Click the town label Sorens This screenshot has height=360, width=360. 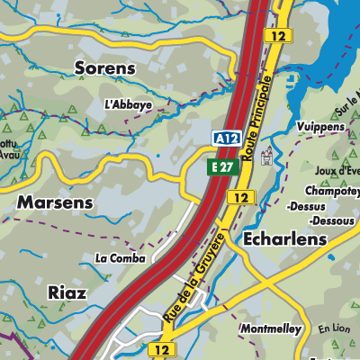click(104, 68)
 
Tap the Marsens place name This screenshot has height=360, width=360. click(55, 202)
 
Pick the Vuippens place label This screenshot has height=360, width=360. click(319, 127)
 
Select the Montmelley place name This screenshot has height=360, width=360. click(270, 329)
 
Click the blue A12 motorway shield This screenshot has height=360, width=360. click(226, 139)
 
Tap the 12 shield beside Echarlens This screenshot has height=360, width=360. click(239, 197)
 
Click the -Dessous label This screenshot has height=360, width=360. click(331, 220)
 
